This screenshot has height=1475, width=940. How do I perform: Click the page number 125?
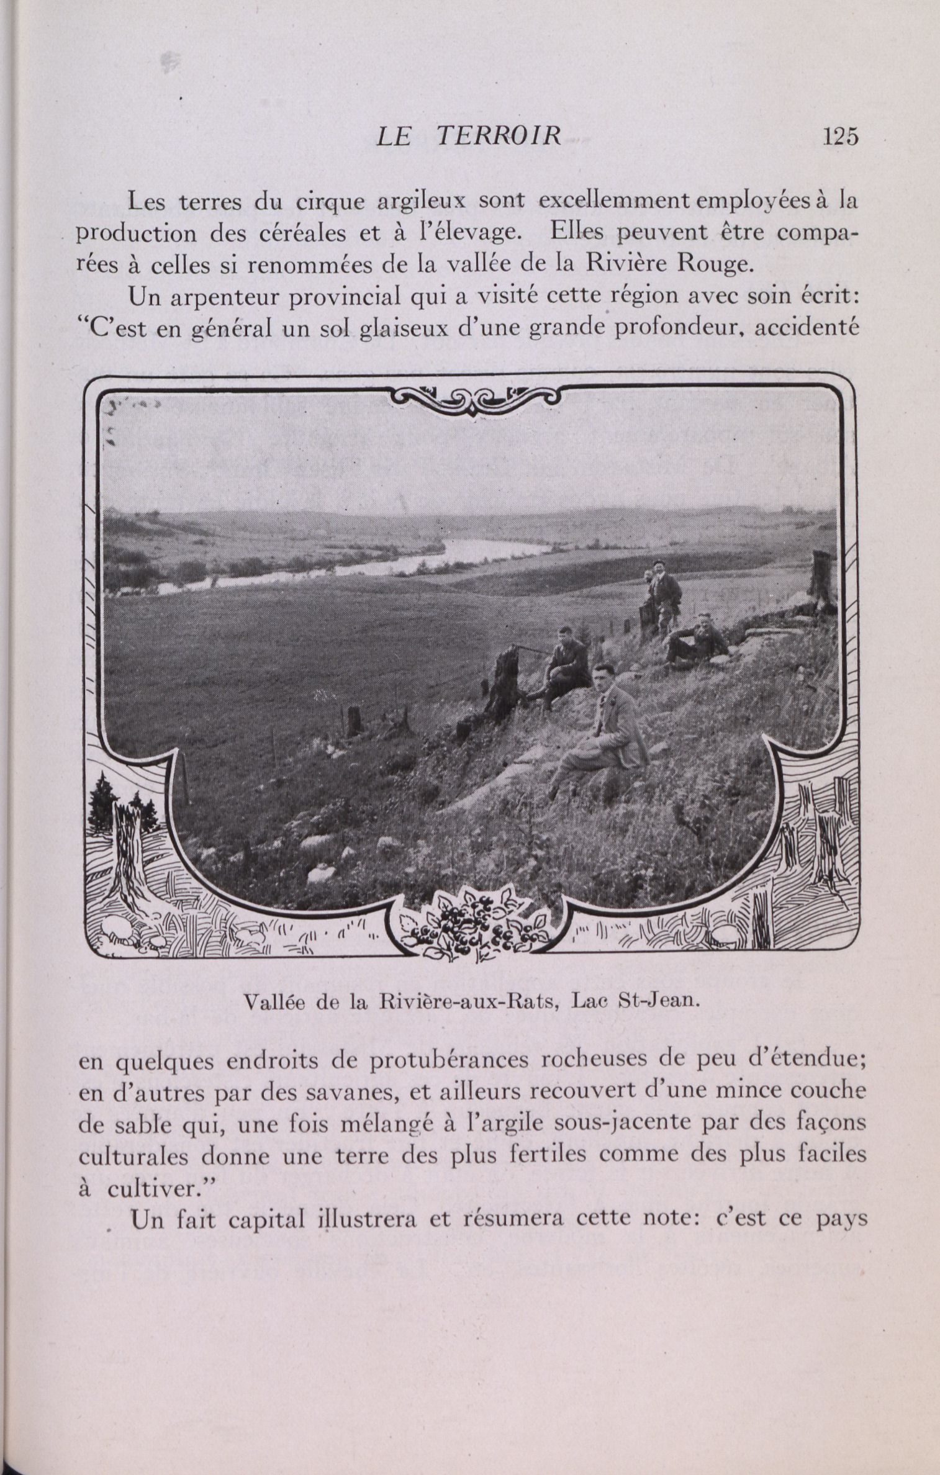[839, 136]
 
